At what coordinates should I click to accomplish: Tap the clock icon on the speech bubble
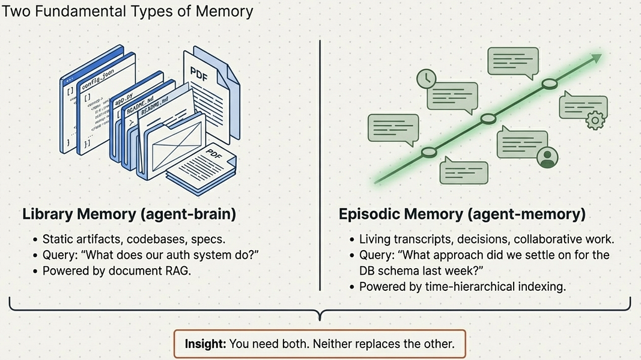[x=427, y=79]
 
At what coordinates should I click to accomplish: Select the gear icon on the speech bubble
[x=595, y=120]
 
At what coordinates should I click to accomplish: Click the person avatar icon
[x=547, y=157]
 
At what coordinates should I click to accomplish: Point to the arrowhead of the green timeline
[x=596, y=58]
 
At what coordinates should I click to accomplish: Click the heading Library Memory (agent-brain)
[x=129, y=215]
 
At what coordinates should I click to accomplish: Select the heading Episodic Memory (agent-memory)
[x=462, y=215]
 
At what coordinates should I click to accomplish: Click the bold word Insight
[x=205, y=344]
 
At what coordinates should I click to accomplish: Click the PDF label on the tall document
[x=199, y=75]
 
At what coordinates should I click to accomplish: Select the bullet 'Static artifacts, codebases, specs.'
[x=134, y=239]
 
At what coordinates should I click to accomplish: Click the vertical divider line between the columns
[x=320, y=165]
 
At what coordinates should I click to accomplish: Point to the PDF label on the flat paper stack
[x=214, y=154]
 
